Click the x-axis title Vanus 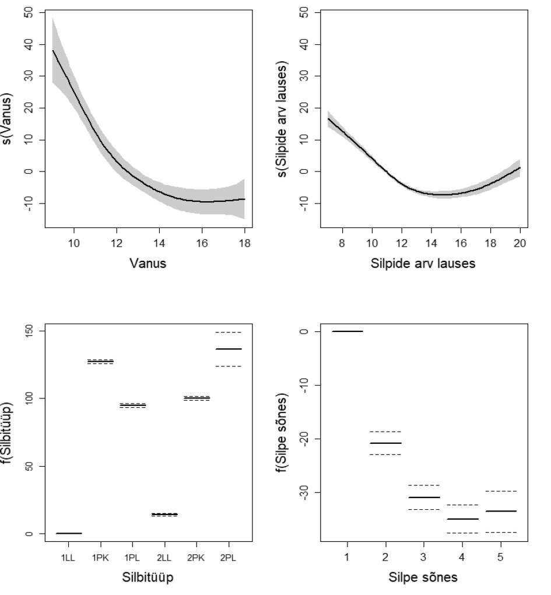point(148,263)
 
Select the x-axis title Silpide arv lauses point(423,263)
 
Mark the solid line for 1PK point(100,362)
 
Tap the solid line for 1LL point(68,533)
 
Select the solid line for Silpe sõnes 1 point(347,331)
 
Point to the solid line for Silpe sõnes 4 point(462,519)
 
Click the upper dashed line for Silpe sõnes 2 point(385,432)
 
